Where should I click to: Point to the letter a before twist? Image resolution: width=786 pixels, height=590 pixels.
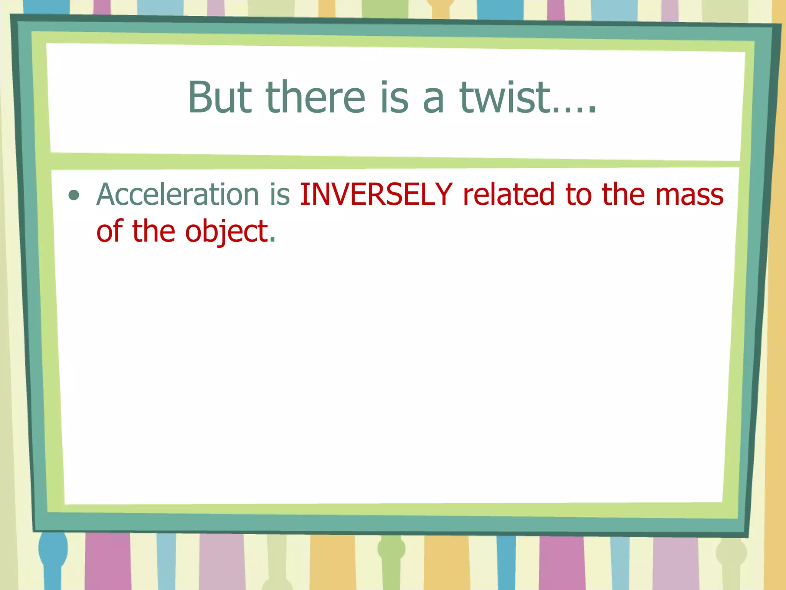[x=434, y=101]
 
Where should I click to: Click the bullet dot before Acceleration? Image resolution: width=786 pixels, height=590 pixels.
[x=74, y=196]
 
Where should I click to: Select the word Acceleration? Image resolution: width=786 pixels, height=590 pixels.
[x=178, y=194]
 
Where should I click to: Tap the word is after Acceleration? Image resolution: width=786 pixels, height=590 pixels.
[x=279, y=194]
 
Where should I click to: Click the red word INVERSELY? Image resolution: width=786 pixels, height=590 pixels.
[x=376, y=194]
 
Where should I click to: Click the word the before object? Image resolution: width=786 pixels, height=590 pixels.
[x=154, y=231]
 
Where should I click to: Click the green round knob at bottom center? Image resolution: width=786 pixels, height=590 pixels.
[x=391, y=549]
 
